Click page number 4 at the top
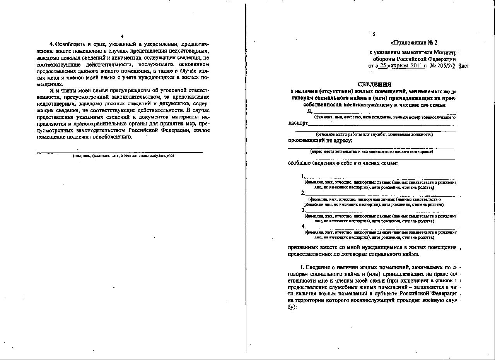coord(122,36)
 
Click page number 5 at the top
coord(374,34)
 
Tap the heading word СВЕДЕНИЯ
coord(374,84)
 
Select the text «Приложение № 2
coord(414,43)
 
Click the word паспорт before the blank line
coord(298,123)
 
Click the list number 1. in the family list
coord(303,176)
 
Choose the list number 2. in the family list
coord(303,193)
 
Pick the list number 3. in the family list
coord(303,210)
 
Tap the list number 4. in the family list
coord(303,226)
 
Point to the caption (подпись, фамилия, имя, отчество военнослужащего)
coord(123,156)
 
